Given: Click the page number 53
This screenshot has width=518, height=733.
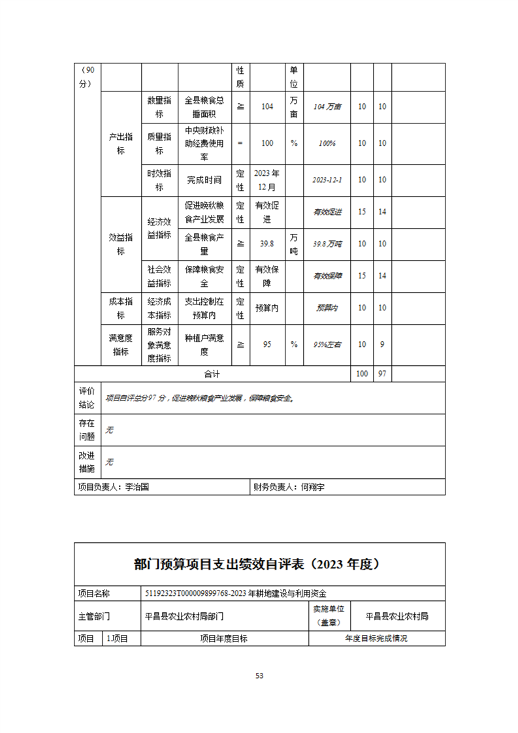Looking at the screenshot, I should click(259, 676).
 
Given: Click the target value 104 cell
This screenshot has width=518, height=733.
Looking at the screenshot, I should click(267, 106).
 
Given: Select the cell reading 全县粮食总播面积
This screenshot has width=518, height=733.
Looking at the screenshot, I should click(204, 106).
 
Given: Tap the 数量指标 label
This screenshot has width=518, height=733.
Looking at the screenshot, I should click(159, 106).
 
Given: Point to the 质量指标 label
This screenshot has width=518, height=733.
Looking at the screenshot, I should click(159, 143).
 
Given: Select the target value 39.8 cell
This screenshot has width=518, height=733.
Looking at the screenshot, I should click(267, 244).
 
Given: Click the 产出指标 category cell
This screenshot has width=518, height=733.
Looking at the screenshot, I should click(121, 143).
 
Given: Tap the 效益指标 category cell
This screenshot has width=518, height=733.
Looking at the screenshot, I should click(121, 244).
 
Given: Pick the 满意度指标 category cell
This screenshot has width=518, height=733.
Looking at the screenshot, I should click(121, 344).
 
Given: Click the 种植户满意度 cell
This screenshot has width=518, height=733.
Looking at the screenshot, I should click(204, 344).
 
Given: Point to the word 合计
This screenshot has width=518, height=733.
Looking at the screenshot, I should click(212, 374).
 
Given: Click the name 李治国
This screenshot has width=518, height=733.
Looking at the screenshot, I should click(137, 487).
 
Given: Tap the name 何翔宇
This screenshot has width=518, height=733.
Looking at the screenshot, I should click(312, 487).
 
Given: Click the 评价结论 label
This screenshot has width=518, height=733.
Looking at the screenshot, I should click(87, 397).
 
